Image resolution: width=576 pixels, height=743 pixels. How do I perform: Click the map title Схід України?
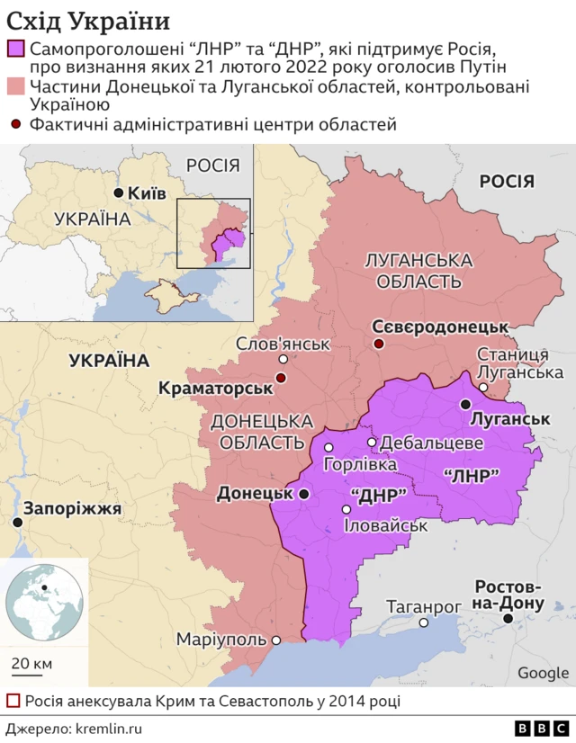[x=87, y=20]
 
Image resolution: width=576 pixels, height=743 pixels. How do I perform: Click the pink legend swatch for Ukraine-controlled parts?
[x=14, y=87]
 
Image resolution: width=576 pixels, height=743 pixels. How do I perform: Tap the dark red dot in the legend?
[x=15, y=124]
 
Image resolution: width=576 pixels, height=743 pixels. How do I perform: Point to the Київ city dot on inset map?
[x=118, y=193]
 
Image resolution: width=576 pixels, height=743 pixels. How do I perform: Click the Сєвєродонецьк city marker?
[x=379, y=344]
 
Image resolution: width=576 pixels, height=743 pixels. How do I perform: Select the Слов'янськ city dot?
[x=283, y=360]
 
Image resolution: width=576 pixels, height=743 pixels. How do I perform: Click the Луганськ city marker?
[x=465, y=404]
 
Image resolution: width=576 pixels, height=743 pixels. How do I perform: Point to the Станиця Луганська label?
[x=519, y=363]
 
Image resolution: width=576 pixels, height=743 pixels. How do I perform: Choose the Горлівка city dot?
[x=329, y=447]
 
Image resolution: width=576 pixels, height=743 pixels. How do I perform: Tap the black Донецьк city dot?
[x=304, y=494]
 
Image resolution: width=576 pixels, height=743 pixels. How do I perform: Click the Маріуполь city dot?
[x=276, y=640]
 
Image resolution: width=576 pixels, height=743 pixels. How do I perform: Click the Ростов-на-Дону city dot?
[x=508, y=619]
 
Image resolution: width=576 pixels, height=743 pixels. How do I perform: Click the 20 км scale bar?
[x=31, y=674]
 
